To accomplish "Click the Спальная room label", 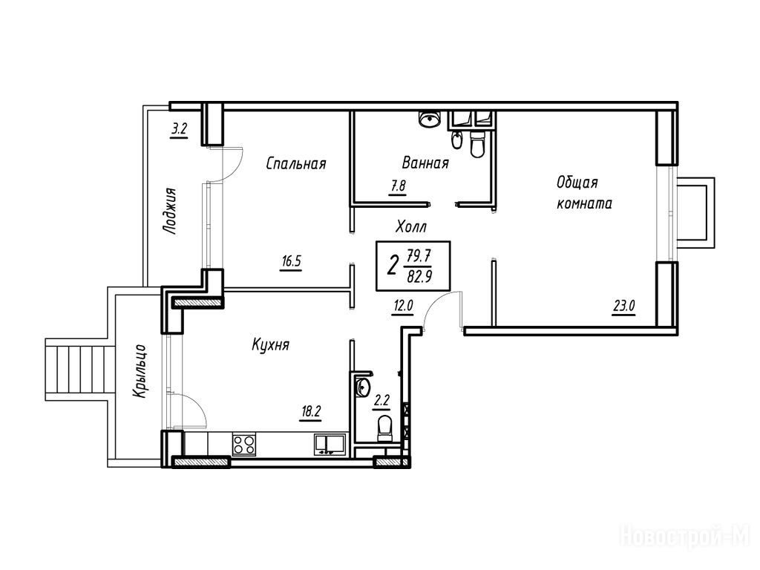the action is click(x=296, y=164).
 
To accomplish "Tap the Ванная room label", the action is click(x=425, y=163).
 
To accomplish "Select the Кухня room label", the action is click(x=270, y=345).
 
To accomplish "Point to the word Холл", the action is click(x=411, y=226).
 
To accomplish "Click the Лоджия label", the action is click(x=169, y=212).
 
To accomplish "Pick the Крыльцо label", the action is click(x=140, y=372).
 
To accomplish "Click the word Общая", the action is click(x=577, y=183).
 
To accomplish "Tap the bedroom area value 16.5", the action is click(x=291, y=262).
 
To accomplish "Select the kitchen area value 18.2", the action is click(x=311, y=412).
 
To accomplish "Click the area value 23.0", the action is click(x=624, y=306).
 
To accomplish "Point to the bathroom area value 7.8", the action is click(x=398, y=186).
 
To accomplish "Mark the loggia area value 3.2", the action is click(x=180, y=129).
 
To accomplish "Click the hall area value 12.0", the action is click(x=403, y=306).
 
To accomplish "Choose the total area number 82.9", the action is click(x=420, y=277).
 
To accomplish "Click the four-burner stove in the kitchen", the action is click(x=244, y=445).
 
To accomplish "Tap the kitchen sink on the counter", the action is click(x=329, y=445).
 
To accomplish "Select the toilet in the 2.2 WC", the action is click(x=384, y=428).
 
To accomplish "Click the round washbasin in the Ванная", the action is click(x=428, y=118).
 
